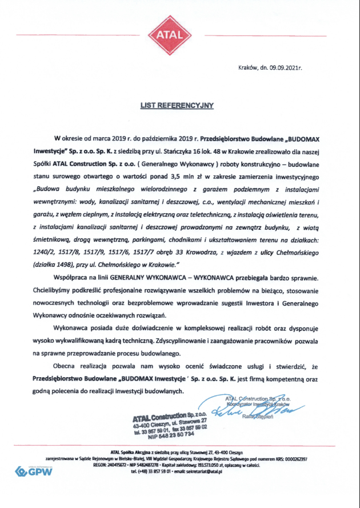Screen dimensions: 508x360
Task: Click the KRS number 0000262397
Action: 292,459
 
